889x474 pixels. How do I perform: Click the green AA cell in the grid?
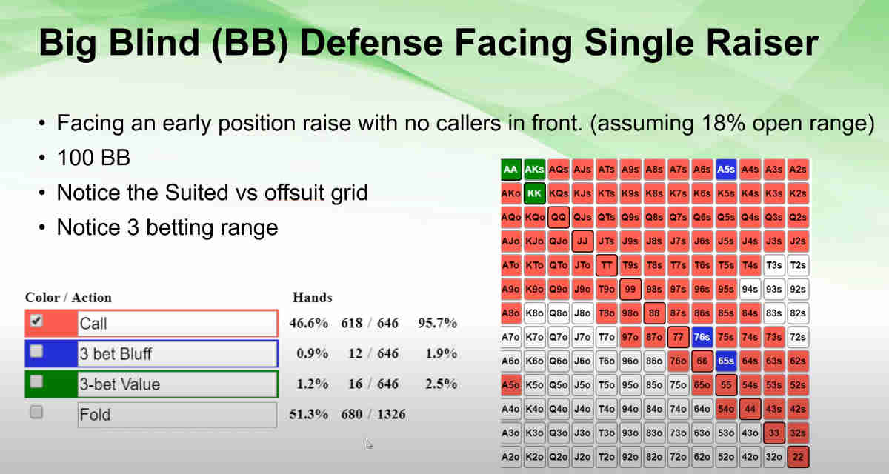[x=511, y=170]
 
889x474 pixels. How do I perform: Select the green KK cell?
[x=535, y=194]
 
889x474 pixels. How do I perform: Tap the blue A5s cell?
[x=726, y=170]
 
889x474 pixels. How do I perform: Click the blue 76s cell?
[x=702, y=337]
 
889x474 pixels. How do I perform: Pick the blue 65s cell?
[x=726, y=361]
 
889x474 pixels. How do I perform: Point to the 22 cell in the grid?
[x=798, y=457]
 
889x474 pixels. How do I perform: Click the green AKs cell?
[x=535, y=170]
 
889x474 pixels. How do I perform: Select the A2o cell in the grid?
[x=511, y=457]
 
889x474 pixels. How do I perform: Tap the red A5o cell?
[x=511, y=385]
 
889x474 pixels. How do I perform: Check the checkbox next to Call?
[x=36, y=321]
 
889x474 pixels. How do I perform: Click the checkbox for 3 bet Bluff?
[x=36, y=353]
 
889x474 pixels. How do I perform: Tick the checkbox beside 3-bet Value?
[x=36, y=383]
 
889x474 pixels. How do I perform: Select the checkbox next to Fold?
[x=36, y=413]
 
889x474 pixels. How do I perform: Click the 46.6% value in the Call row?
[x=312, y=323]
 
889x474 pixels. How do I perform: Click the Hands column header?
[x=312, y=298]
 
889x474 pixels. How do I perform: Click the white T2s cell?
[x=798, y=265]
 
